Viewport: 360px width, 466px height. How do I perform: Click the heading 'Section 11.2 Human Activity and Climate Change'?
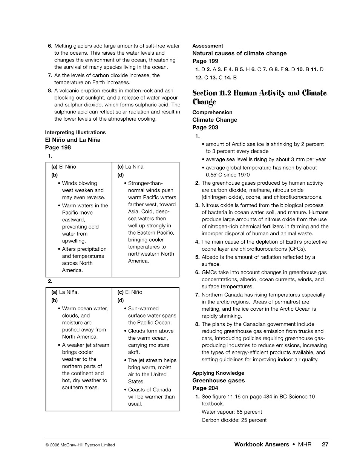pyautogui.click(x=259, y=97)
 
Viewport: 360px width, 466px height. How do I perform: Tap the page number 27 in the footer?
pyautogui.click(x=325, y=445)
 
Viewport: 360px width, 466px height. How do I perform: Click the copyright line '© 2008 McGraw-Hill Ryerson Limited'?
pyautogui.click(x=80, y=445)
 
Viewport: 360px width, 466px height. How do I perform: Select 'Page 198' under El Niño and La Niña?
pyautogui.click(x=58, y=147)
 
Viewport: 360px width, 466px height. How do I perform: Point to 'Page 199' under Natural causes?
pyautogui.click(x=205, y=61)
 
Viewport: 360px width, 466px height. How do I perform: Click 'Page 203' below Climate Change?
pyautogui.click(x=205, y=127)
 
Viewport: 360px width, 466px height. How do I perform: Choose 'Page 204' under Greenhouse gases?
pyautogui.click(x=205, y=388)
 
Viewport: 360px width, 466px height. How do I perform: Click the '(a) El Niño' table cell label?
pyautogui.click(x=64, y=167)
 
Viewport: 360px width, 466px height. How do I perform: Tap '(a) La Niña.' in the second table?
pyautogui.click(x=65, y=292)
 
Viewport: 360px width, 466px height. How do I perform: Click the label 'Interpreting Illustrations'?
pyautogui.click(x=75, y=132)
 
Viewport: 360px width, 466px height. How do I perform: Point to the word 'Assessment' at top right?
pyautogui.click(x=208, y=46)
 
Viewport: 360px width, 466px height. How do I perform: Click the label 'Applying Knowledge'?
pyautogui.click(x=218, y=373)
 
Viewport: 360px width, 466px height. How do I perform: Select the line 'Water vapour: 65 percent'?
pyautogui.click(x=232, y=412)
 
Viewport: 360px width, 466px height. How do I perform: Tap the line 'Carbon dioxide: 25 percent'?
pyautogui.click(x=234, y=420)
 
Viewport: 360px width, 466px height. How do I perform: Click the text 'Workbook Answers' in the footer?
pyautogui.click(x=262, y=445)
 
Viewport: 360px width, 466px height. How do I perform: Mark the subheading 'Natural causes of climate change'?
pyautogui.click(x=239, y=54)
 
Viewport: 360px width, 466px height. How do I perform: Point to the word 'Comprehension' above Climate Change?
pyautogui.click(x=212, y=112)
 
